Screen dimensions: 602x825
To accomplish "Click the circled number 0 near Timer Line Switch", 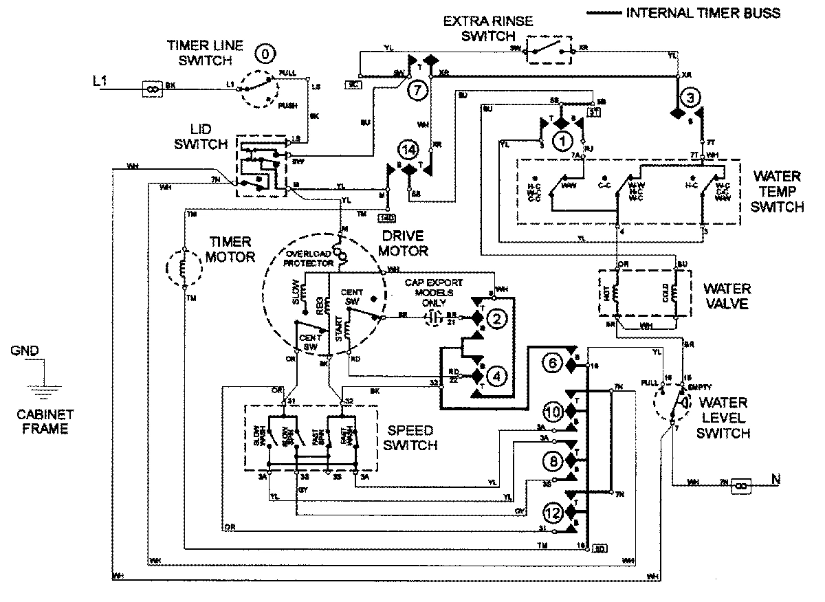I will (x=263, y=54).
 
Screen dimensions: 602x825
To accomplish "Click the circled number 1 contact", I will (x=563, y=141).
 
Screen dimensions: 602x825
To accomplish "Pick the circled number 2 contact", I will (x=497, y=318).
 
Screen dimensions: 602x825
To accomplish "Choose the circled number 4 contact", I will (x=496, y=375).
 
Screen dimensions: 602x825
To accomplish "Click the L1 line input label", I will (x=100, y=82).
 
